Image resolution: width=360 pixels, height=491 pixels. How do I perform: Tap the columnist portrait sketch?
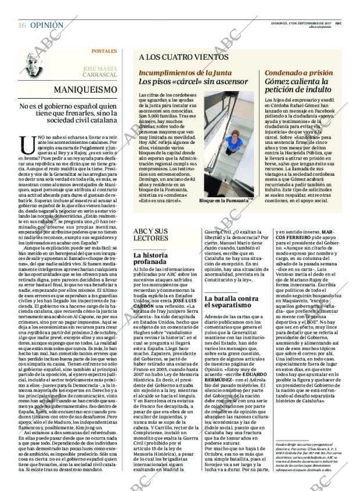[x=35, y=64]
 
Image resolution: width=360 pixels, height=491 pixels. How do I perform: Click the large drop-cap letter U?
[x=24, y=142]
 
